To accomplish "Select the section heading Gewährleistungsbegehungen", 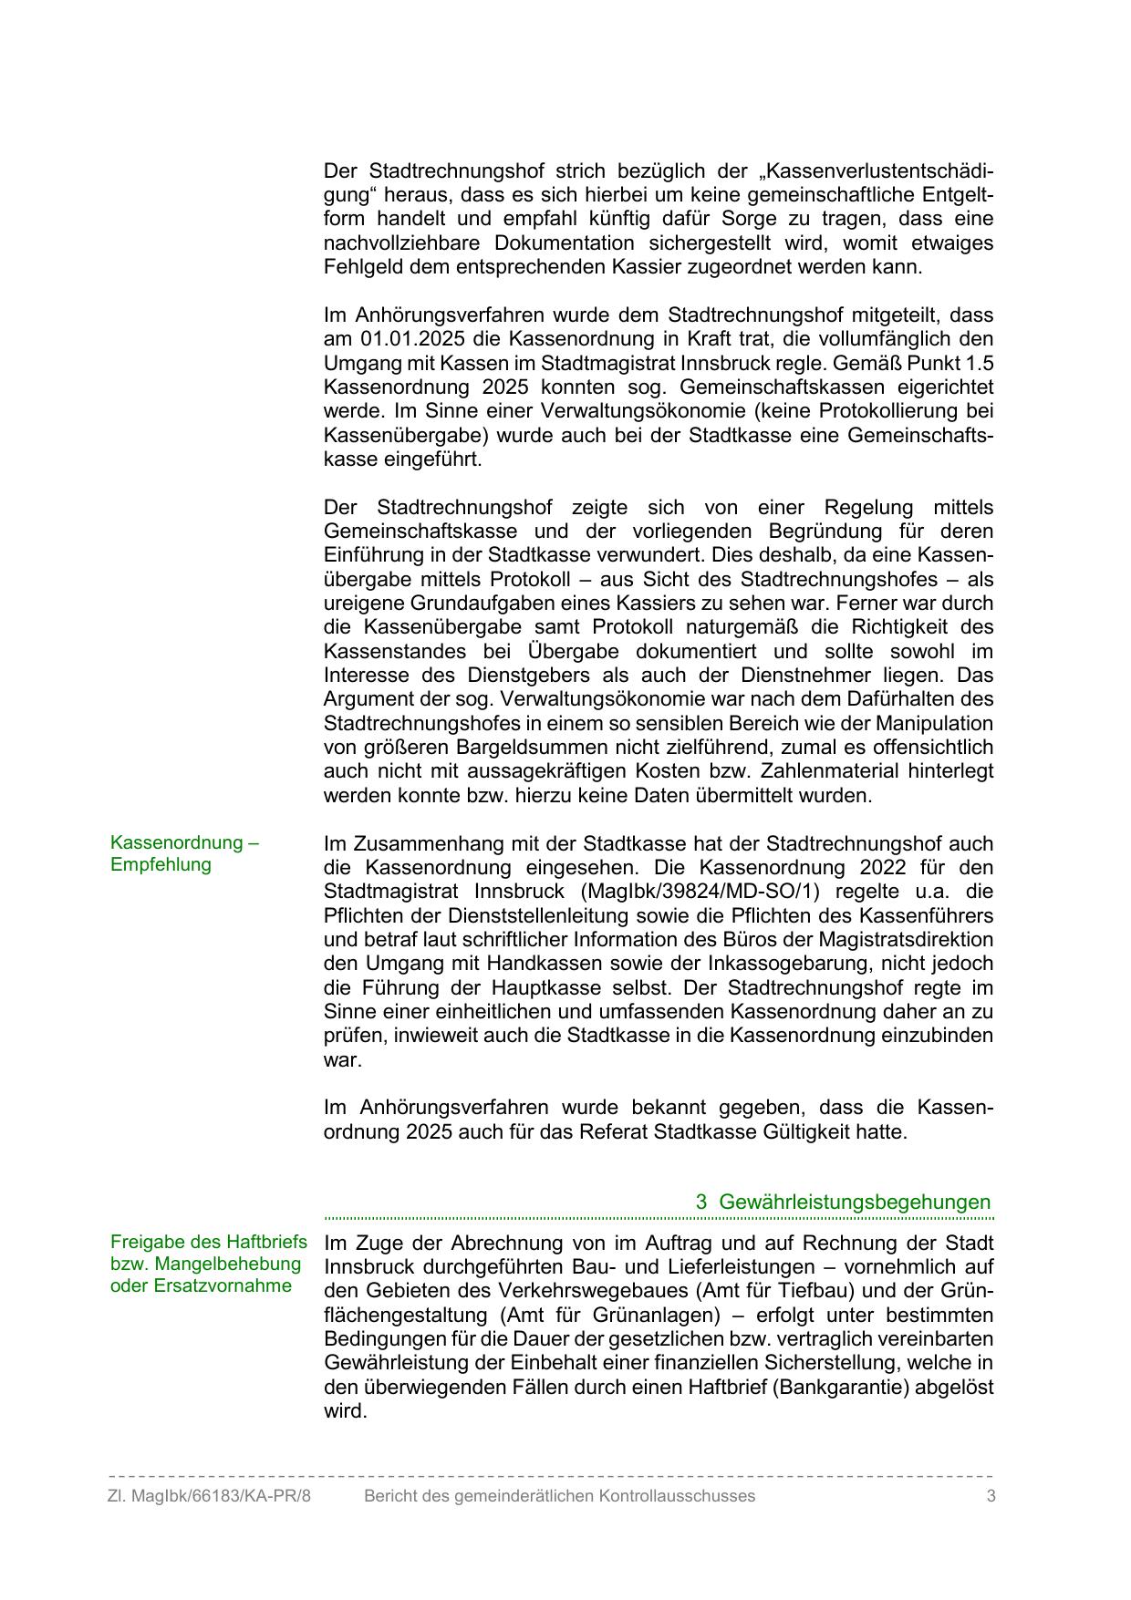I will pos(855,1202).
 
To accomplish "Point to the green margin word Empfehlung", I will pos(161,864).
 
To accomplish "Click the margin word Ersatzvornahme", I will pos(202,1285).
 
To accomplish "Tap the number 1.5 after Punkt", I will pos(977,363).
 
